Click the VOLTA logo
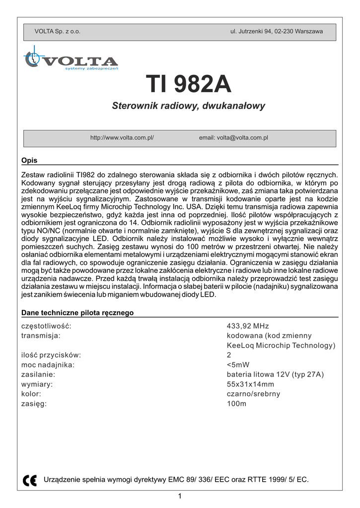[71, 61]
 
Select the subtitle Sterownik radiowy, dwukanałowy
[189, 106]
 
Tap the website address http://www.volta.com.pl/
[122, 138]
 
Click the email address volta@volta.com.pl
[233, 138]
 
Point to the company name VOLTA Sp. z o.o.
[57, 31]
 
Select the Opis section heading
[29, 161]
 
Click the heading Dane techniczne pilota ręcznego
[77, 313]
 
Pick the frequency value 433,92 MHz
[247, 326]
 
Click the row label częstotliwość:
[46, 326]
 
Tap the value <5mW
[238, 365]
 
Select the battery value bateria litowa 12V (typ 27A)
[275, 375]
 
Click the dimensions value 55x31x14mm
[250, 384]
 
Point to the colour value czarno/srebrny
[253, 394]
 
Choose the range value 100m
[236, 403]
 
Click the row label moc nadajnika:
[48, 365]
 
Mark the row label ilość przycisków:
[51, 355]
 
